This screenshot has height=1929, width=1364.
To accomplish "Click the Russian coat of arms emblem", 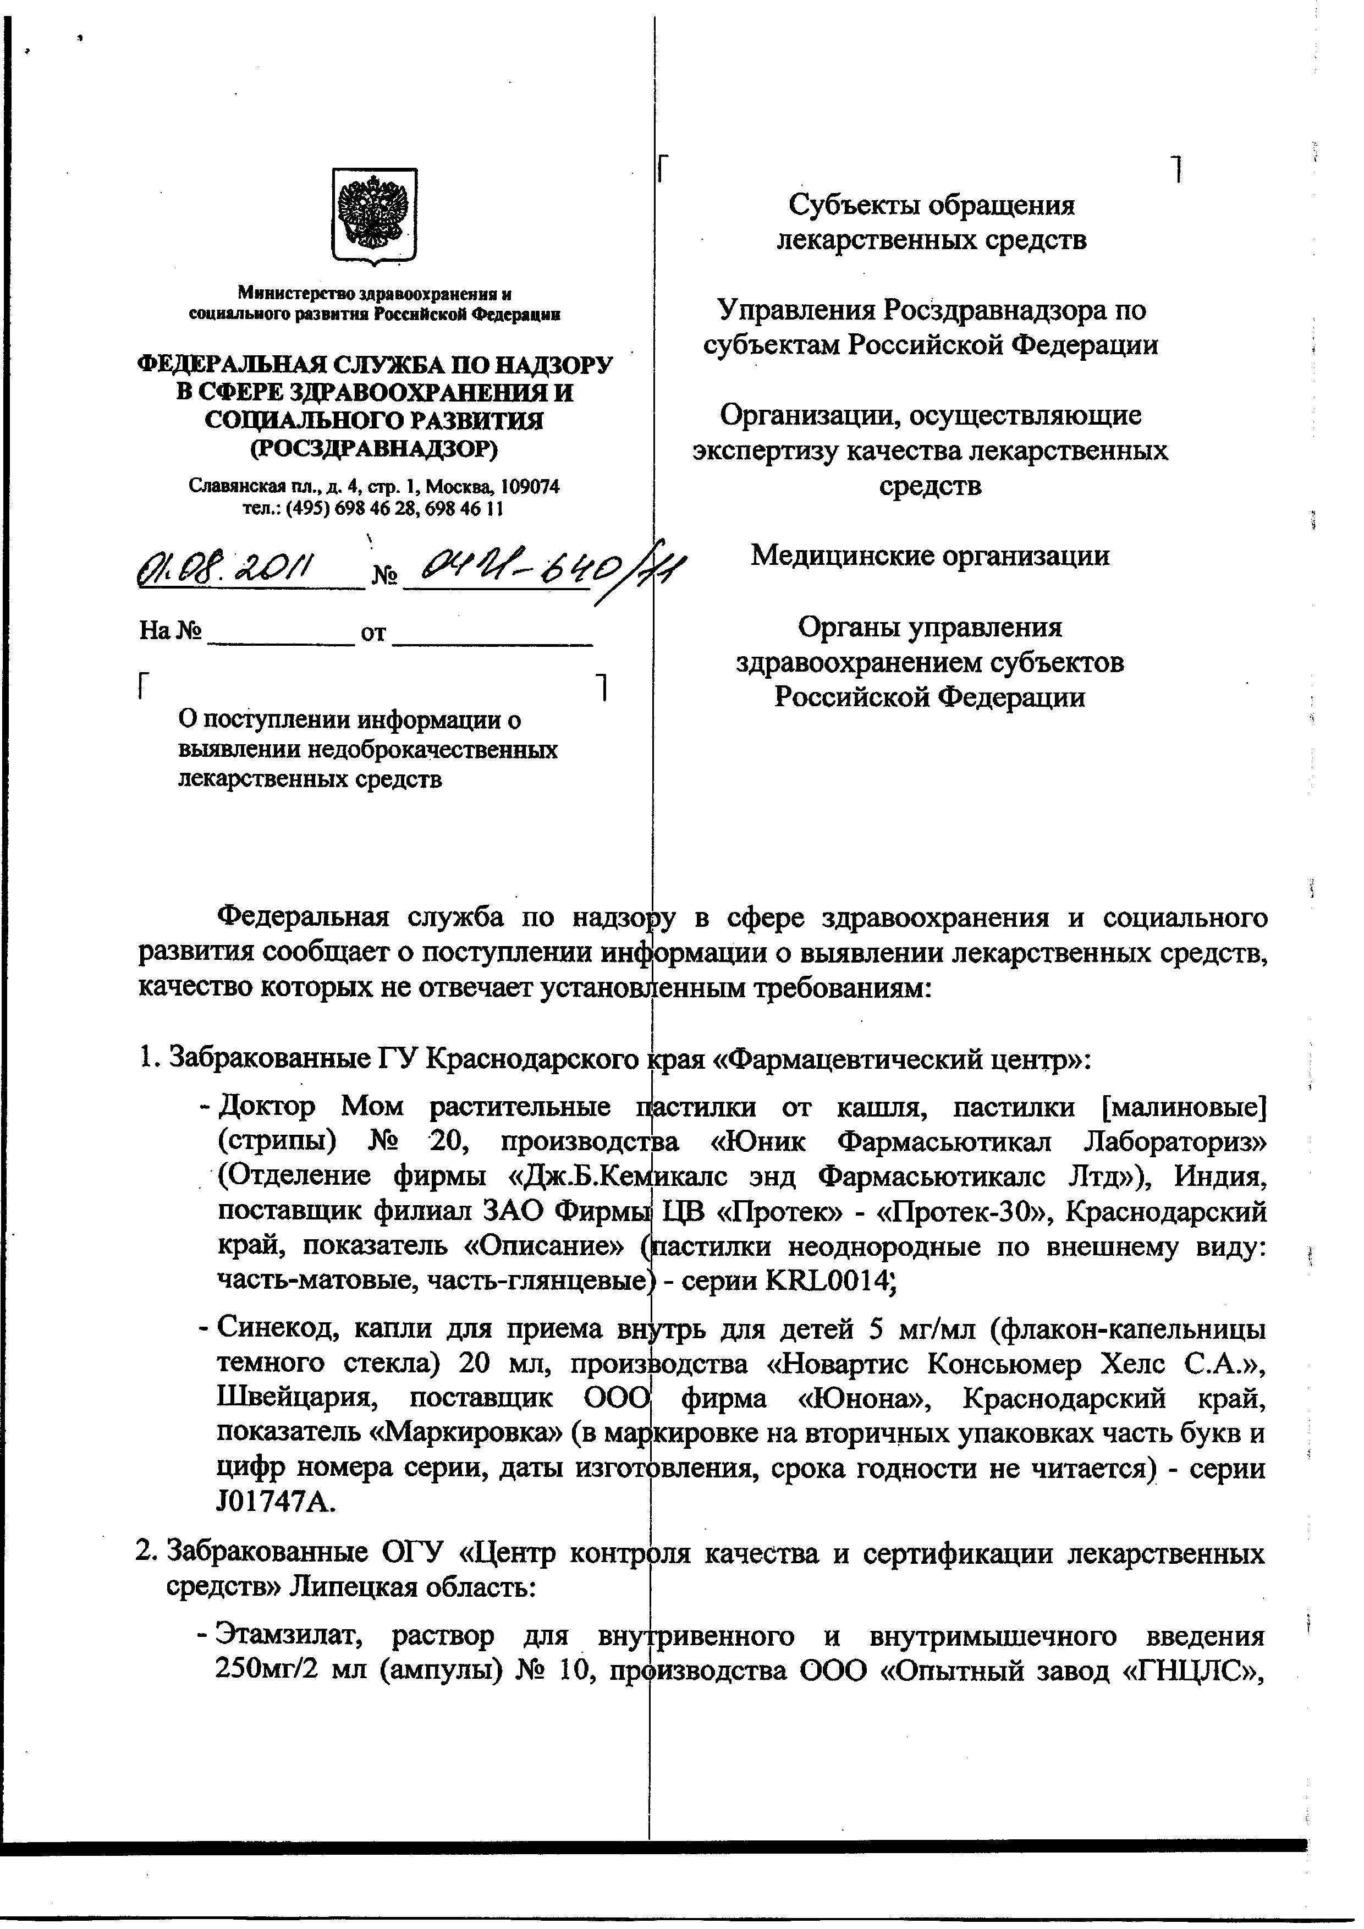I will [375, 217].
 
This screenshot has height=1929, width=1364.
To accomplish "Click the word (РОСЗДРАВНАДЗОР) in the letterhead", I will [375, 449].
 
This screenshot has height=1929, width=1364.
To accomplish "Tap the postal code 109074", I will [530, 486].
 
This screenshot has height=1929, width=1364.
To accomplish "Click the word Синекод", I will [277, 1328].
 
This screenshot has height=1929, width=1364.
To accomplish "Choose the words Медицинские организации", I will [930, 556].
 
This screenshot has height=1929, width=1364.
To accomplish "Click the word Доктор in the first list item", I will [267, 1106].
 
